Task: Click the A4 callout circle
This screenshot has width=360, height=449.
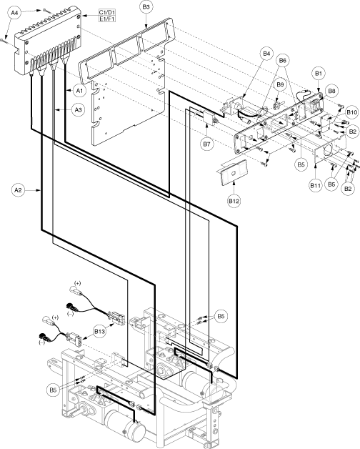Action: point(15,13)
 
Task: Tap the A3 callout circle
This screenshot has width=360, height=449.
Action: point(78,109)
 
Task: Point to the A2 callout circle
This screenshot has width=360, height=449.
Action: point(18,190)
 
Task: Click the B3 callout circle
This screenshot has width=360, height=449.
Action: point(146,8)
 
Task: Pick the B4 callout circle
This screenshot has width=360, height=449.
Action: point(266,54)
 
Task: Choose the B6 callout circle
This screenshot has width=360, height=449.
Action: point(282,61)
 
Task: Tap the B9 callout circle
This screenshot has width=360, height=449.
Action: point(280,84)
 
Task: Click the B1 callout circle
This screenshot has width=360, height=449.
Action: point(319,74)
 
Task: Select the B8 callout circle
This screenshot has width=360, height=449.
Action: point(331,91)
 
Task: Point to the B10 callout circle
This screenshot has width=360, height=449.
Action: point(351,112)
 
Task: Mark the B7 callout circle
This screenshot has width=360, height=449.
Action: point(206,144)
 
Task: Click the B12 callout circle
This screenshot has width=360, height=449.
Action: point(234,201)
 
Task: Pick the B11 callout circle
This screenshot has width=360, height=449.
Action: point(315,186)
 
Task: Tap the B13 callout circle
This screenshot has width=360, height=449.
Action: point(99,331)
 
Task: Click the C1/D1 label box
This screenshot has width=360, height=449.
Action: point(107,12)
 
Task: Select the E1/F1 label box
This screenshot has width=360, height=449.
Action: point(107,19)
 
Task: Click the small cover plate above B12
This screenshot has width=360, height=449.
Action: point(233,172)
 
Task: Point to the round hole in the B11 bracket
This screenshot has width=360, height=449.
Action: point(327,151)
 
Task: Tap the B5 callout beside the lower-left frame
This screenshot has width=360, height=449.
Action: point(53,390)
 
